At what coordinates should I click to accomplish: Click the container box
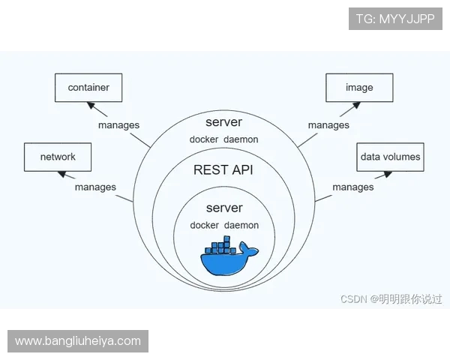88,88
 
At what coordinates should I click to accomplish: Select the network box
58,157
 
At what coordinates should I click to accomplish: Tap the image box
359,88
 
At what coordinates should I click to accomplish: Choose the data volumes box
390,157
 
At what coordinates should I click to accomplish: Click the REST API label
223,170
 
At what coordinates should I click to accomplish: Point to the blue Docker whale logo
228,258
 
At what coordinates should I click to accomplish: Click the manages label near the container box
118,125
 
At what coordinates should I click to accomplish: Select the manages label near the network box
95,187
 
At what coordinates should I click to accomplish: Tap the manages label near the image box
328,125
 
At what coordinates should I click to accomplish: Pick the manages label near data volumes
353,187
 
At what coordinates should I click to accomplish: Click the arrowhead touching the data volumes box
387,173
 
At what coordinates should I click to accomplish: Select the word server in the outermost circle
223,121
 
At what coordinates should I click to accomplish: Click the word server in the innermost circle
223,207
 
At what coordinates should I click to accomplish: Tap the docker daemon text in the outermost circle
223,139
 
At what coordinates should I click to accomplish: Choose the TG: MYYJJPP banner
395,19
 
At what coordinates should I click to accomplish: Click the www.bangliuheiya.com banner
78,341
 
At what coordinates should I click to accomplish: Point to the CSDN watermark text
391,298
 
